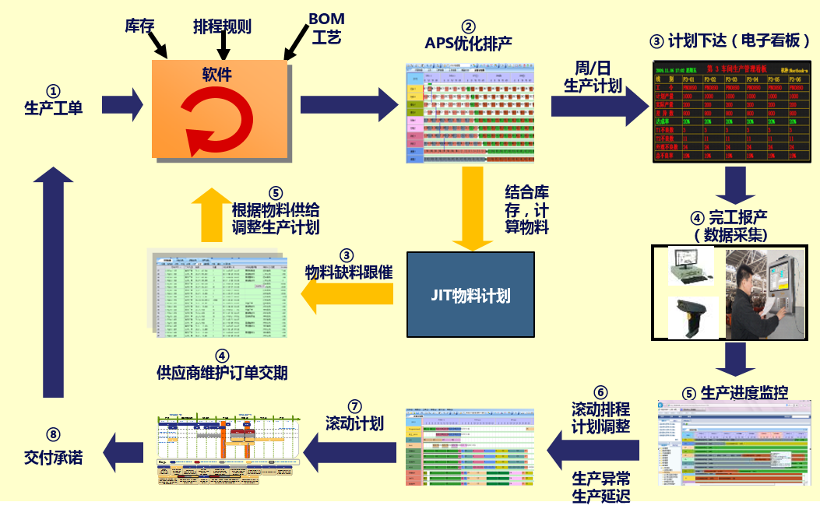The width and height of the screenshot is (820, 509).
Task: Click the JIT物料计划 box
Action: click(x=470, y=295)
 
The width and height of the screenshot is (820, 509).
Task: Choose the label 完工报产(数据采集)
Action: click(x=730, y=225)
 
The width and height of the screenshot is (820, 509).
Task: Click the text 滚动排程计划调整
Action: click(x=600, y=417)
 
